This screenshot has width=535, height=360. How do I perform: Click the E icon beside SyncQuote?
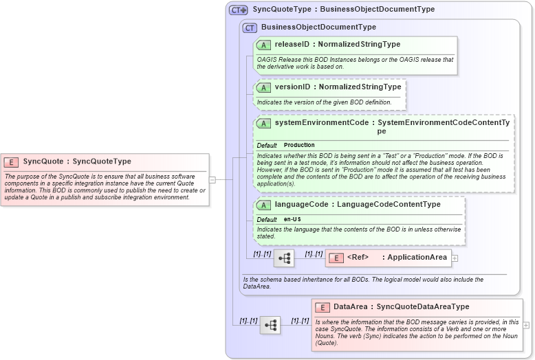[x=11, y=161]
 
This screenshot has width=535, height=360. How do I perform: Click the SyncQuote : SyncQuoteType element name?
[x=77, y=161]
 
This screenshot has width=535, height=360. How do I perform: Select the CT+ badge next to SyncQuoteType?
[x=239, y=10]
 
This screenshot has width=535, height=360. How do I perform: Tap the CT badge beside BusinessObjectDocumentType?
[x=250, y=27]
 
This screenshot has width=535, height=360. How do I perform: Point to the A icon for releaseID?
[x=263, y=45]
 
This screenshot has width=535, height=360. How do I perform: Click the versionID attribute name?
[x=292, y=87]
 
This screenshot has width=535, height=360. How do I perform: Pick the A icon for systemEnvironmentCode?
[x=263, y=124]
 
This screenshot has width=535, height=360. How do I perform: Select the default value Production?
[x=299, y=145]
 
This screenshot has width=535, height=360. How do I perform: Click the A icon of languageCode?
[x=263, y=205]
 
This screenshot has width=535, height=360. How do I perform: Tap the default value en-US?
[x=292, y=219]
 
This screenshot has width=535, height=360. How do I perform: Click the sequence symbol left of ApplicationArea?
[x=283, y=258]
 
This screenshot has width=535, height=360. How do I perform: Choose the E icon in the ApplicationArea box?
[x=336, y=258]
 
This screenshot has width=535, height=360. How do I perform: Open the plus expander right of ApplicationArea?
[x=455, y=258]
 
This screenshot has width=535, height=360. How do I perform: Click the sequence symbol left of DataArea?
[x=270, y=325]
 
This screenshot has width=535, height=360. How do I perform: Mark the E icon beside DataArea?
[x=323, y=307]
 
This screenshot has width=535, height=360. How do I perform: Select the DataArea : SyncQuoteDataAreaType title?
[x=402, y=307]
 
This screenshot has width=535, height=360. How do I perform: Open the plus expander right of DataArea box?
[x=526, y=325]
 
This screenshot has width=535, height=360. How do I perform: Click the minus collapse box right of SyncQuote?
[x=212, y=180]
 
